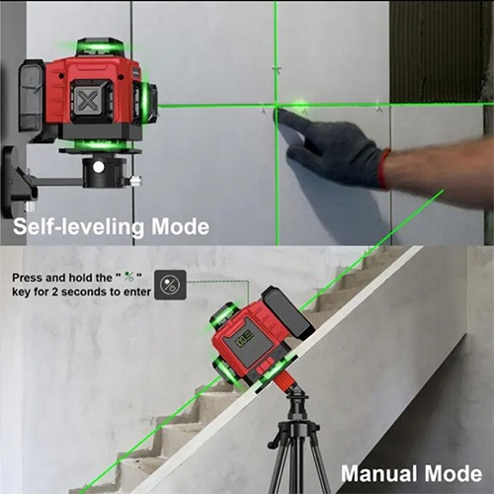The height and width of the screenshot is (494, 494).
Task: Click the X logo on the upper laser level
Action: pyautogui.click(x=86, y=101)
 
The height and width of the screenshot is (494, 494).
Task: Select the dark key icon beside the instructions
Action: pyautogui.click(x=170, y=285)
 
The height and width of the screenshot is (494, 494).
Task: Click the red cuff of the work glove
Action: pyautogui.click(x=384, y=169)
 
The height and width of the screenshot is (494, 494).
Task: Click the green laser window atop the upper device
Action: pyautogui.click(x=99, y=46)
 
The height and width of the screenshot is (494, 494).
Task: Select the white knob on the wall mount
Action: pyautogui.click(x=99, y=167)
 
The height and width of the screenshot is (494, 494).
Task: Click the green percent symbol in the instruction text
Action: pyautogui.click(x=128, y=277)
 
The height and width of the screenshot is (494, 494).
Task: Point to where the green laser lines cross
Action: pyautogui.click(x=277, y=106)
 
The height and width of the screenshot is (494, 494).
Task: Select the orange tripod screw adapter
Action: pyautogui.click(x=288, y=383)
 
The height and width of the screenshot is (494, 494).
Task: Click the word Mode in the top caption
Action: pyautogui.click(x=180, y=227)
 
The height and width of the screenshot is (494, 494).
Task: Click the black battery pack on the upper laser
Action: pyautogui.click(x=32, y=96)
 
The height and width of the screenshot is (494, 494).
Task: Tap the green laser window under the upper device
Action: pyautogui.click(x=99, y=145)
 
